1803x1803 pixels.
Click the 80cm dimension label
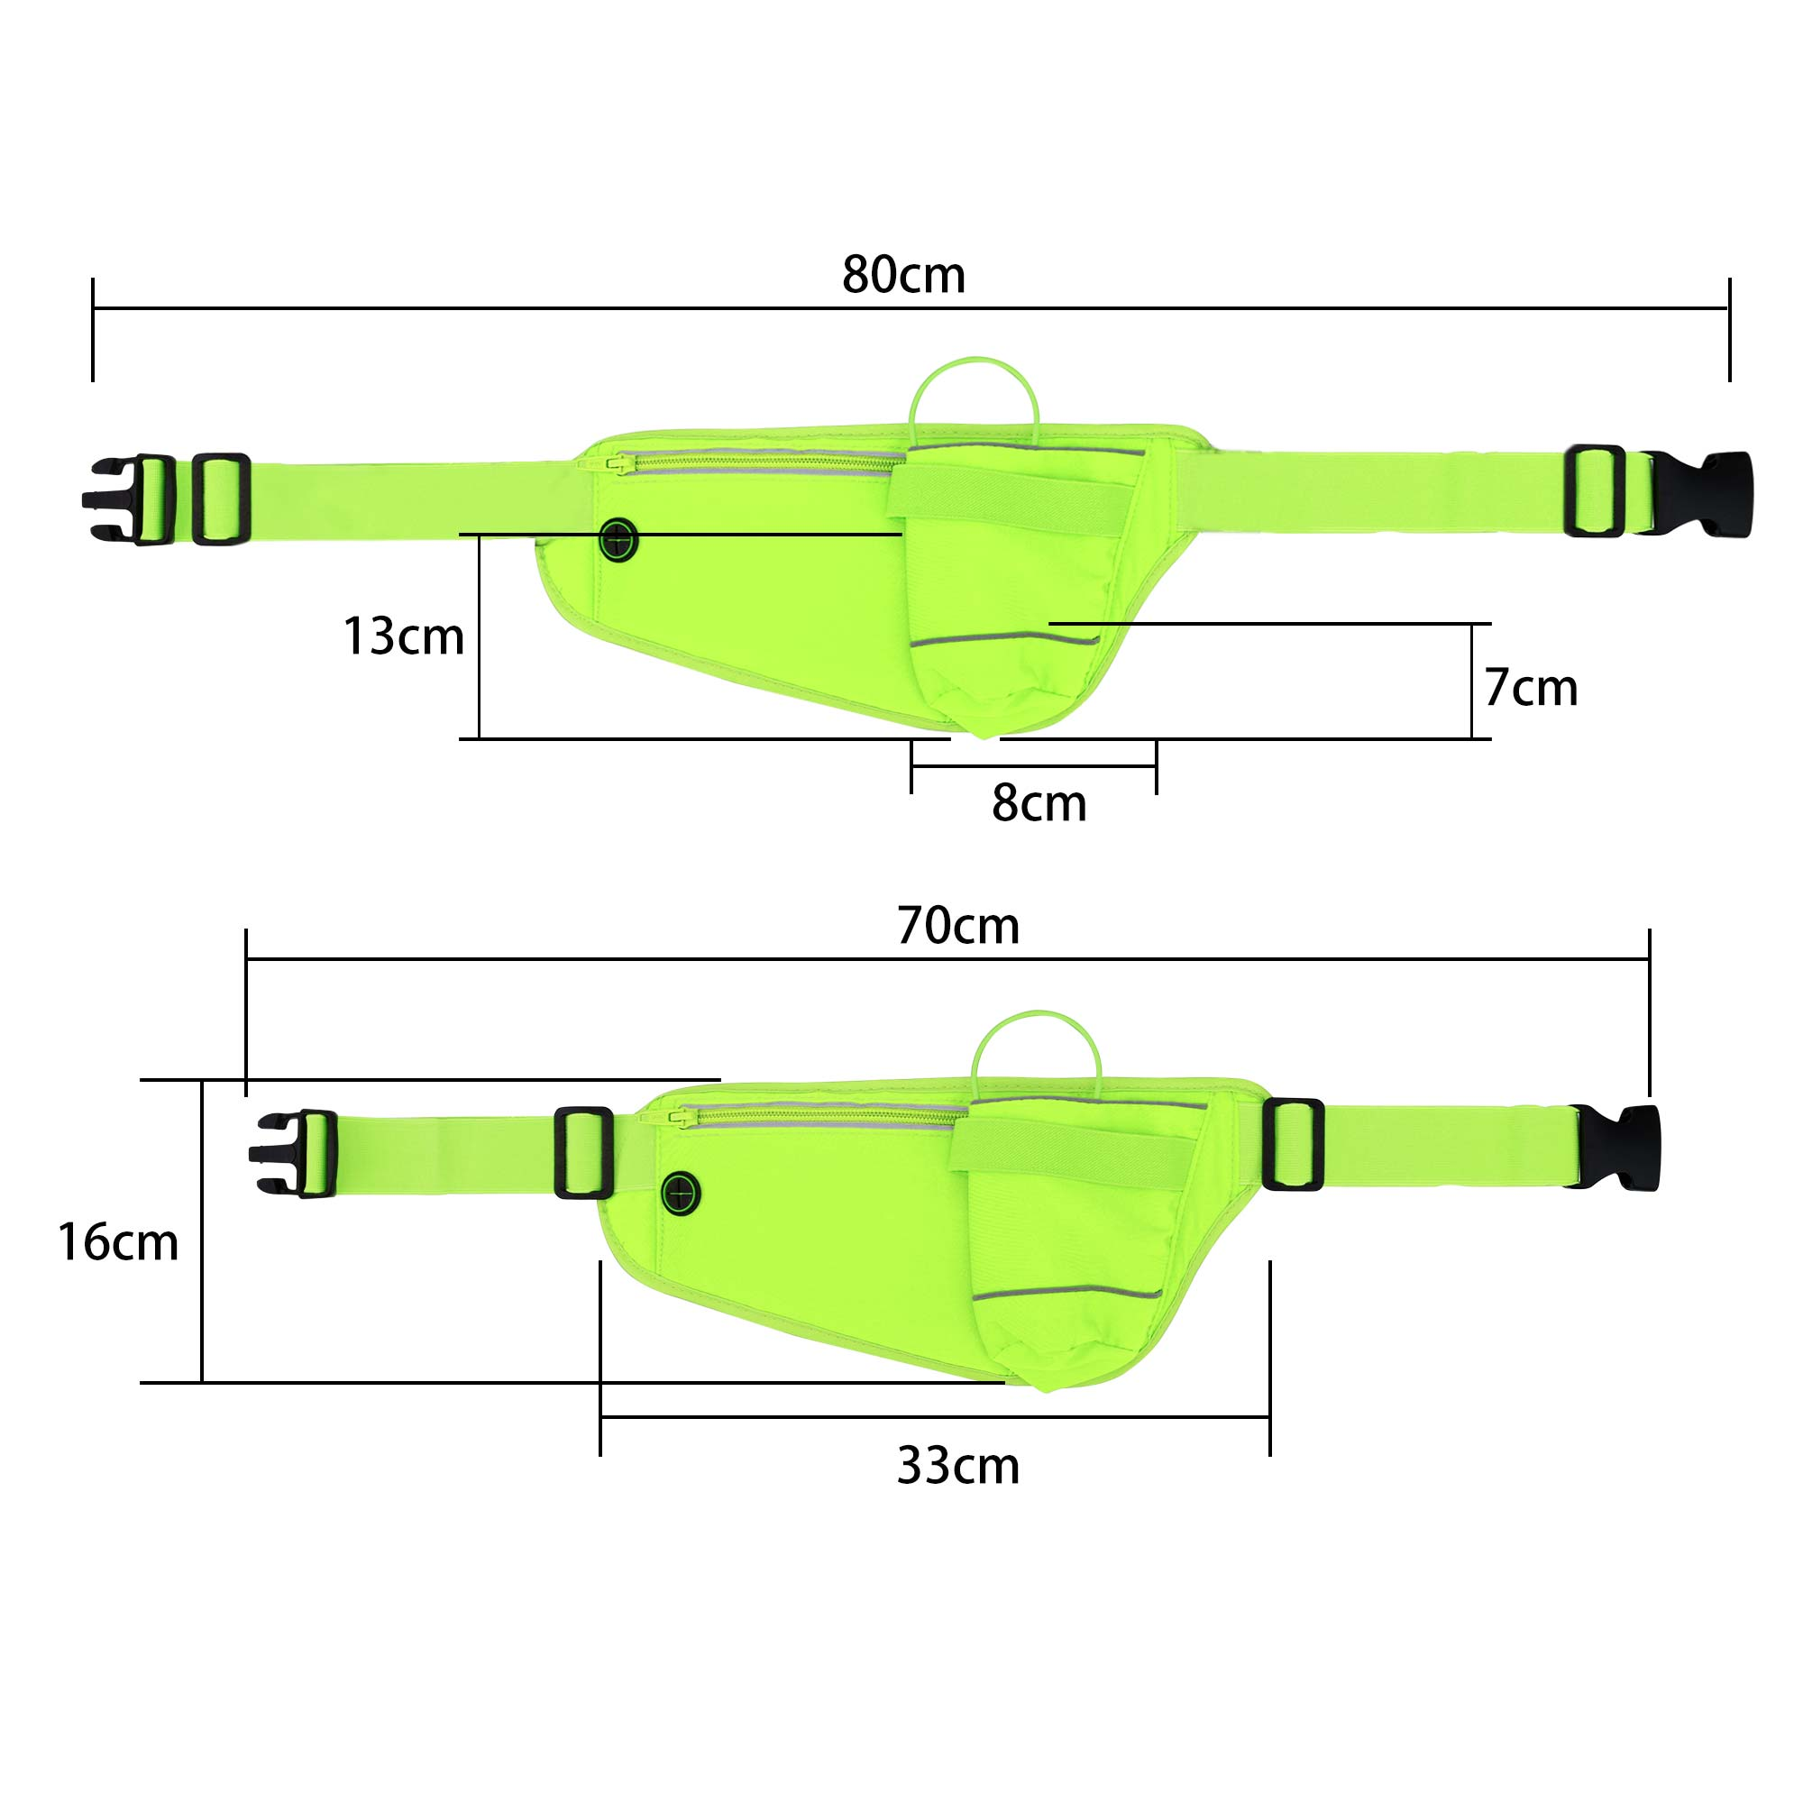click(x=903, y=275)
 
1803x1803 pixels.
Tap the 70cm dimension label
click(x=958, y=926)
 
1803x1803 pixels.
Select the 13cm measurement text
click(x=404, y=636)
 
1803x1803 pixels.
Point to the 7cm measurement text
click(x=1531, y=688)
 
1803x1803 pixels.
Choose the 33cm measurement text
click(x=958, y=1465)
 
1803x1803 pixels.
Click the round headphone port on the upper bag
click(x=618, y=540)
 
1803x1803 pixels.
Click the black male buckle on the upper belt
click(x=129, y=499)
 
